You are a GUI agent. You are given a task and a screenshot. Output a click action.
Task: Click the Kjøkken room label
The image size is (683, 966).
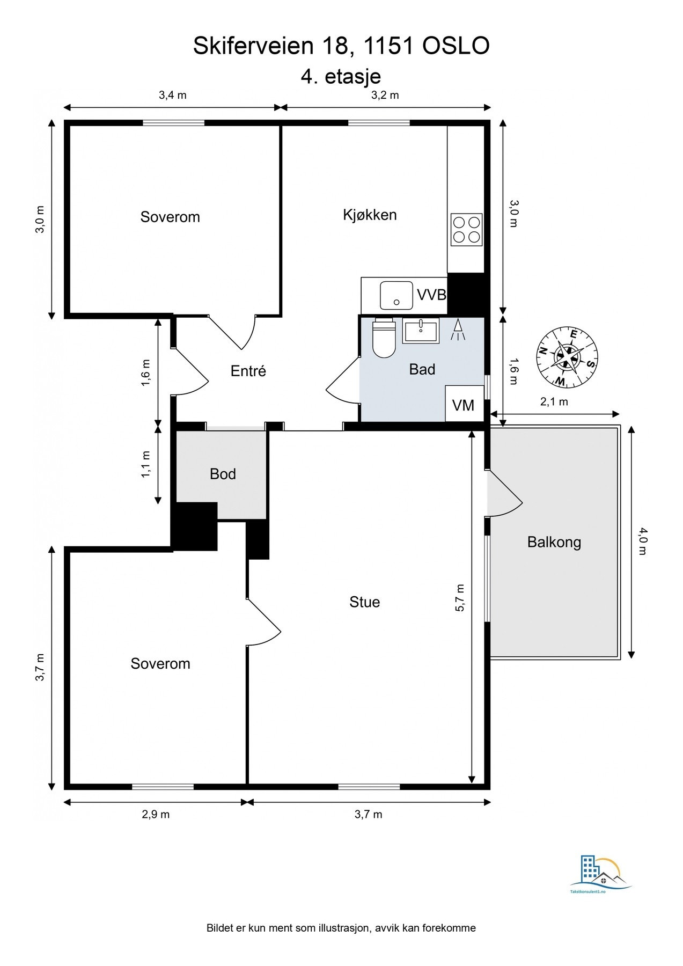click(370, 215)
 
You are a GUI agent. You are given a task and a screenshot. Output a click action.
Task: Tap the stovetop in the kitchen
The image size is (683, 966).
click(466, 230)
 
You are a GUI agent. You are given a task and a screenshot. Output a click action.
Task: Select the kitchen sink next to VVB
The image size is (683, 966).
click(396, 296)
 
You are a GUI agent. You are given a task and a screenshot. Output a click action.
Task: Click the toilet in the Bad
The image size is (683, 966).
click(384, 338)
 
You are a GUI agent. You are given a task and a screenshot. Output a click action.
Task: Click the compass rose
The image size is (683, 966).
click(567, 356)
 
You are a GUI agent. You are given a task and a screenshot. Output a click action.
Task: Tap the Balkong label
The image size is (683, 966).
click(554, 542)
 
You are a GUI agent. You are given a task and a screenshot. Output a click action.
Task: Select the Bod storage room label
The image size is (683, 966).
click(223, 474)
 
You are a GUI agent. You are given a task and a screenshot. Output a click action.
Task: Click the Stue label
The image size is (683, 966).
click(364, 602)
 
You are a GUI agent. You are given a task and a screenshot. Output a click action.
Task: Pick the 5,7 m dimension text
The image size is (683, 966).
click(460, 597)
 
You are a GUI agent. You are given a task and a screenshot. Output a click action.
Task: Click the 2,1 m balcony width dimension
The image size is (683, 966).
click(554, 401)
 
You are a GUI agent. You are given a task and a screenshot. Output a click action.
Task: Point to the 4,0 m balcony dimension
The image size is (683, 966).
click(643, 542)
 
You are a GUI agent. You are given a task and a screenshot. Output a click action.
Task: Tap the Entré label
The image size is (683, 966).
click(248, 371)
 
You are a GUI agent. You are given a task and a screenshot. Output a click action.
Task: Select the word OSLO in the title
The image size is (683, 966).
click(456, 46)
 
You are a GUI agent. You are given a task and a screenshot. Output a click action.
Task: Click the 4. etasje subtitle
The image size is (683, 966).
click(341, 76)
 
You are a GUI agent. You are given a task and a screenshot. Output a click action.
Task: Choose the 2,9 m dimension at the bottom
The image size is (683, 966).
click(156, 814)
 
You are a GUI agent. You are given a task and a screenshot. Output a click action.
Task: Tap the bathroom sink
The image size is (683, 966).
click(421, 330)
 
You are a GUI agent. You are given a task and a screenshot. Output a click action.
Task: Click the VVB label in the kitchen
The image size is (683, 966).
click(431, 295)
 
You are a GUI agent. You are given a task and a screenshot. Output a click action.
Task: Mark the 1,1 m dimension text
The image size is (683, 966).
click(146, 465)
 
